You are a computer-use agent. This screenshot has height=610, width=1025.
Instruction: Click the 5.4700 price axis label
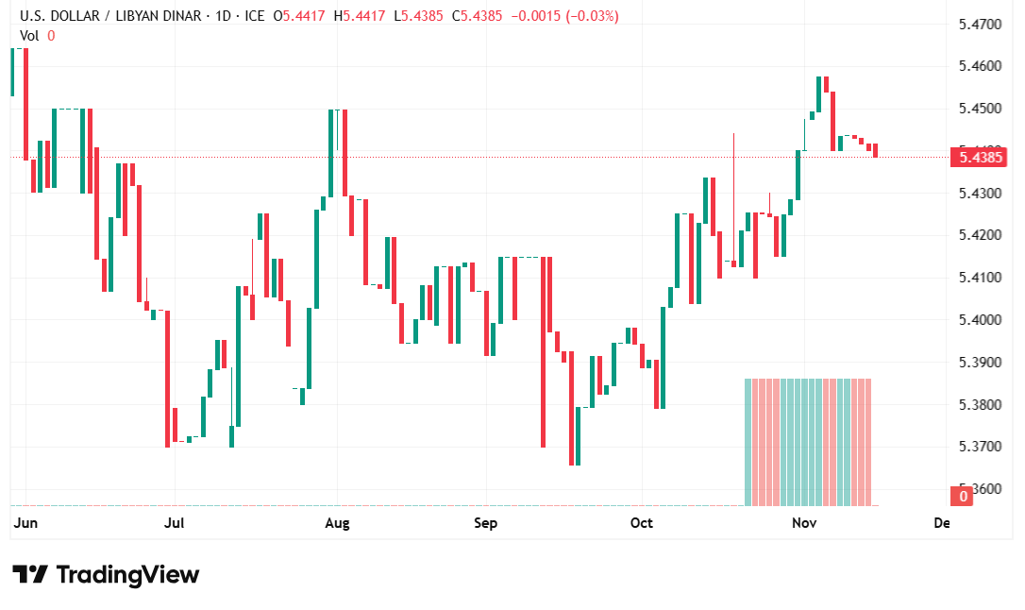(979, 24)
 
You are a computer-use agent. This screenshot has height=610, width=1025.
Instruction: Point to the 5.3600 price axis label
(979, 489)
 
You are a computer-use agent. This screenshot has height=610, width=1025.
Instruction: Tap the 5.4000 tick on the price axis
(979, 320)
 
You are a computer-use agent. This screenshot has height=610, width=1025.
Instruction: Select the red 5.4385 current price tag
(981, 157)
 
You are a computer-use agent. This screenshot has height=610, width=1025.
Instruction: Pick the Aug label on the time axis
(337, 522)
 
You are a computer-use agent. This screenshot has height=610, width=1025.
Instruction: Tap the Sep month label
(485, 522)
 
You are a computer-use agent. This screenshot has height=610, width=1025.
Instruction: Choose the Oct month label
(642, 522)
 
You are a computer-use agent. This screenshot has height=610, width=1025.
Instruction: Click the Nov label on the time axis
(803, 522)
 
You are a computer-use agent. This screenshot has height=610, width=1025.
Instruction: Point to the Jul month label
(174, 522)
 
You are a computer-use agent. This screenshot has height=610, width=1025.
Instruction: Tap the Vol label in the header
(30, 35)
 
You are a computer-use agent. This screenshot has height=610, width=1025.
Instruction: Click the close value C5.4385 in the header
(479, 16)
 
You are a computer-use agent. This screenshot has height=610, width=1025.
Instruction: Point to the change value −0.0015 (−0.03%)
(564, 16)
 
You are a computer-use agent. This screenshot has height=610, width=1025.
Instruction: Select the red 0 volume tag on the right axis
(963, 496)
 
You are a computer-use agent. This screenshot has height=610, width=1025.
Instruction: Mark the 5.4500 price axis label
(979, 108)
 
